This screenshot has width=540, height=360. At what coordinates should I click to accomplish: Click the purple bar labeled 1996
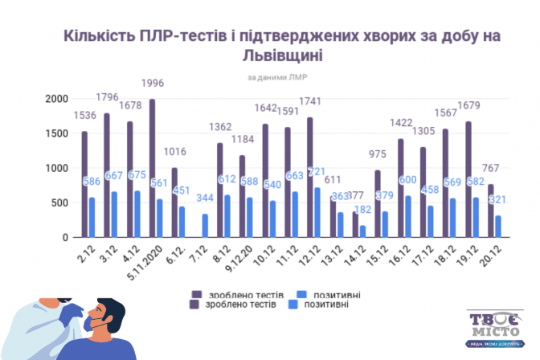pos(152,168)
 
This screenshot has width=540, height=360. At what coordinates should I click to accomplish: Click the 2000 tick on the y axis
pos(56,99)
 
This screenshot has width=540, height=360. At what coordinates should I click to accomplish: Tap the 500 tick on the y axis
pos(59,202)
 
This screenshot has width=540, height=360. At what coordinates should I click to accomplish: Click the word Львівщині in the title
pos(269,57)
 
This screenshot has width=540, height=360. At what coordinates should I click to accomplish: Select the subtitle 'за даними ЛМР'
pos(269,77)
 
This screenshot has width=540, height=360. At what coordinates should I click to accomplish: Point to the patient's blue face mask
pos(99,325)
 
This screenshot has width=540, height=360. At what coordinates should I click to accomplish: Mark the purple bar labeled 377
pos(355,224)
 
